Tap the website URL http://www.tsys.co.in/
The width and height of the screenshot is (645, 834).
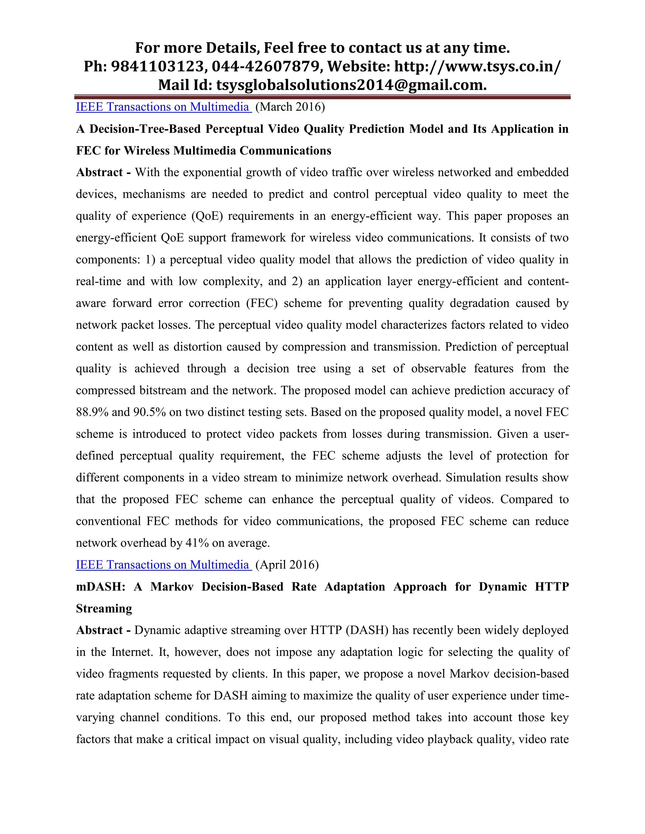[x=478, y=66]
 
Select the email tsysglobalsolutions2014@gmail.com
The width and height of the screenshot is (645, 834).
[x=351, y=85]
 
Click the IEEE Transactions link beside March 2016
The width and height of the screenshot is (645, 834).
[x=163, y=107]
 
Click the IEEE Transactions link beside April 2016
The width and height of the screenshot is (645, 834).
[x=163, y=565]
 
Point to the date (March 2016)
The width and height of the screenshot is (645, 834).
[x=290, y=107]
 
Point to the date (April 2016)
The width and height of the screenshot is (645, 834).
[x=287, y=565]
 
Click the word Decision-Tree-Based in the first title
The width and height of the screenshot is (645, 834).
[x=145, y=129]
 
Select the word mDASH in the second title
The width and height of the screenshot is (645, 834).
[x=100, y=587]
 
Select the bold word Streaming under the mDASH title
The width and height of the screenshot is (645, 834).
[x=104, y=608]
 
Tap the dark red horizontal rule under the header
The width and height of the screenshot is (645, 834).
[x=322, y=97]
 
